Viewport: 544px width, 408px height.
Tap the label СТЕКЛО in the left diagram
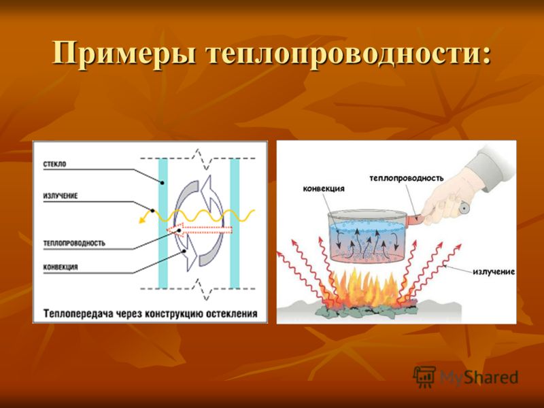pos(54,165)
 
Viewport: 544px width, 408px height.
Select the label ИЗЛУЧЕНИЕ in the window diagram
pos(61,196)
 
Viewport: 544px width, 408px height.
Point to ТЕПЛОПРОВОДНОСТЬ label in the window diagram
pos(74,243)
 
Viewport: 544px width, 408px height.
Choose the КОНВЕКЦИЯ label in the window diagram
pos(61,267)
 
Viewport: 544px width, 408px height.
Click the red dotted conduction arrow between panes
pos(199,231)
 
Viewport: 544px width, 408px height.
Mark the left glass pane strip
pos(163,223)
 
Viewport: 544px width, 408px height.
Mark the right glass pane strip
pos(235,223)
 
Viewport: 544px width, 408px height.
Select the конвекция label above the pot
pos(324,189)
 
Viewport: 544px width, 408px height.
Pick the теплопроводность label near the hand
pos(406,178)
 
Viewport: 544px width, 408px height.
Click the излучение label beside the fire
pos(494,271)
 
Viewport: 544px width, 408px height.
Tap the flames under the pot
pos(368,288)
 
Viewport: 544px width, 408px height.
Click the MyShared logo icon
pos(424,377)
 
